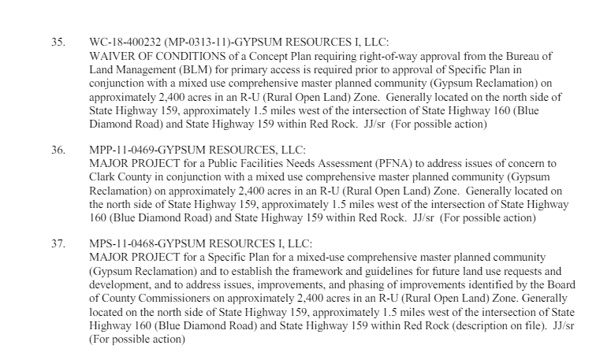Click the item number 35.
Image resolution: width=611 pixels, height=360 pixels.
pos(58,41)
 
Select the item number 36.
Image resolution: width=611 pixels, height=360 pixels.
pos(58,149)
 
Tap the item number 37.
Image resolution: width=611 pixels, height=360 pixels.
pos(58,244)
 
